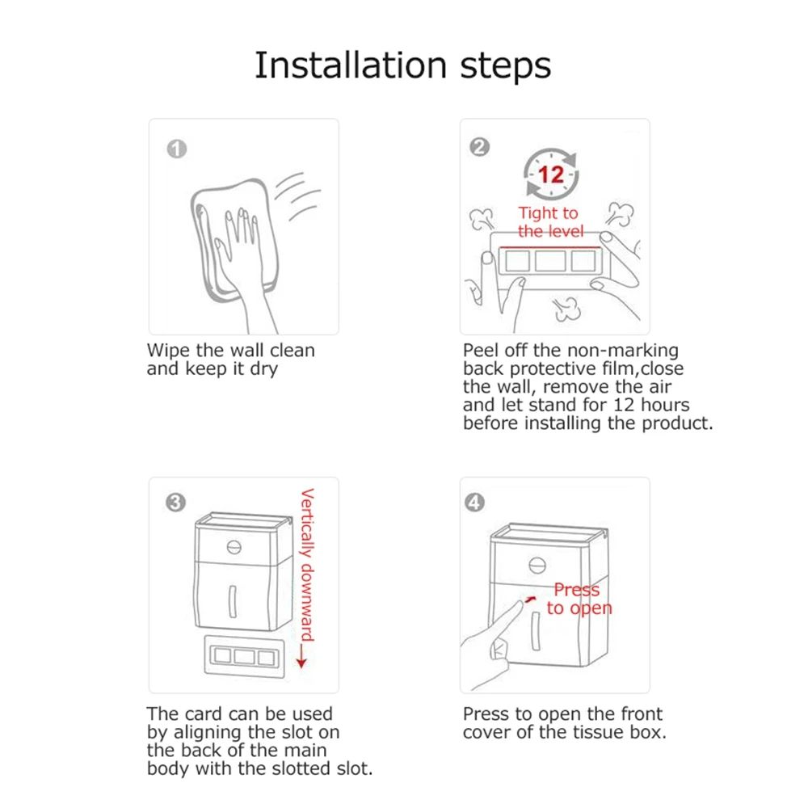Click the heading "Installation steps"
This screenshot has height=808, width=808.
pos(403,66)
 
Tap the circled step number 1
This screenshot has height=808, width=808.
pos(177,149)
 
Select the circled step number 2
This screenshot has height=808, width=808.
pos(480,147)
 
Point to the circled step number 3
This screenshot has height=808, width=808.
pos(175,503)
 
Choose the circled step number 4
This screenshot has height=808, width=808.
pos(474,503)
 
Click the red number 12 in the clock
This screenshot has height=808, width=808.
pos(551,175)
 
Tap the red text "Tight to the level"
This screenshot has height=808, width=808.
pos(550,222)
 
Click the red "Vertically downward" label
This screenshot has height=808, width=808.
pos(308,565)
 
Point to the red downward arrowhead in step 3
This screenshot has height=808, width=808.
pos(301,663)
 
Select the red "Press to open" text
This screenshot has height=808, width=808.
pos(579,599)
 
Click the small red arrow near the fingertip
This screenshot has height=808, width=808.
pos(530,600)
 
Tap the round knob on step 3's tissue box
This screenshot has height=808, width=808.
pos(234,547)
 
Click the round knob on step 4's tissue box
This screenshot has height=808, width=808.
pos(537,566)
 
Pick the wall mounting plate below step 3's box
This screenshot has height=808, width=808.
pos(244,656)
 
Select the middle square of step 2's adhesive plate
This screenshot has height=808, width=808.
pos(550,260)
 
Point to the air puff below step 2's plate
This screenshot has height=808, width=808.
pos(566,309)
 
